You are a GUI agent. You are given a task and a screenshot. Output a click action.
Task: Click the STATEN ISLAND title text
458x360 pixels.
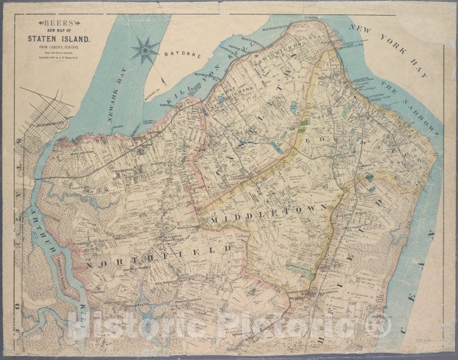58,39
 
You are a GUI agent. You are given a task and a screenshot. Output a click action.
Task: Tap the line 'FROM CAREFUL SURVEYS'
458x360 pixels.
58,50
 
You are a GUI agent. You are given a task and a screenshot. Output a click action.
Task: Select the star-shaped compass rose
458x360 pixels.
145,49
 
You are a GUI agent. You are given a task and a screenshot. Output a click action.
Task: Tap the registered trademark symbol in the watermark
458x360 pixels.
378,324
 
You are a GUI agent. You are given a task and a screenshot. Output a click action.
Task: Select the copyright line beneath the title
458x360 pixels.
58,62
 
